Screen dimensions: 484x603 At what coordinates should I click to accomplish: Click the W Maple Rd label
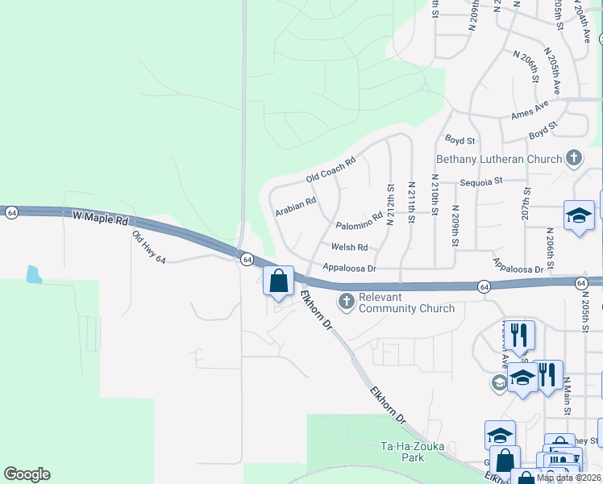tap(100, 219)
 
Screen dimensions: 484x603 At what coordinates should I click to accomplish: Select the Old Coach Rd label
tap(331, 170)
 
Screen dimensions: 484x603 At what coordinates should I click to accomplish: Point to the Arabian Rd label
tap(295, 206)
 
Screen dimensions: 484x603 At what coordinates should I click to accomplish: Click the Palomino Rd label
tap(359, 223)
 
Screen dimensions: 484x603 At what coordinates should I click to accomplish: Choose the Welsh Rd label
tap(349, 247)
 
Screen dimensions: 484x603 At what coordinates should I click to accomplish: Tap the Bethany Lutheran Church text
tap(498, 159)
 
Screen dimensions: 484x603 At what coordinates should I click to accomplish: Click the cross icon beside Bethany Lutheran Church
tap(574, 157)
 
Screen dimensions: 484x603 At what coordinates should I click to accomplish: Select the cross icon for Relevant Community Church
tap(347, 302)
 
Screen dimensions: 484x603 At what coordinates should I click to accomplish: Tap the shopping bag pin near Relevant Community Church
tap(279, 282)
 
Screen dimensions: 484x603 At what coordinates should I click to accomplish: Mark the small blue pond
tap(33, 274)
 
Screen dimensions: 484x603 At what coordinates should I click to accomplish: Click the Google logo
tap(27, 474)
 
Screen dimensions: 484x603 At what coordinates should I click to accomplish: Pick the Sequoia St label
tap(481, 181)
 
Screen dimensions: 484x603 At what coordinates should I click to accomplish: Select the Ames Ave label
tap(530, 111)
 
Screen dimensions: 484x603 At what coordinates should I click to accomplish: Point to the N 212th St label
tap(390, 205)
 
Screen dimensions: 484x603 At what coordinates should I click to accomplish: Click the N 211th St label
tap(411, 205)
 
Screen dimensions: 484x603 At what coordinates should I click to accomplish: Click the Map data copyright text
tap(568, 478)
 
